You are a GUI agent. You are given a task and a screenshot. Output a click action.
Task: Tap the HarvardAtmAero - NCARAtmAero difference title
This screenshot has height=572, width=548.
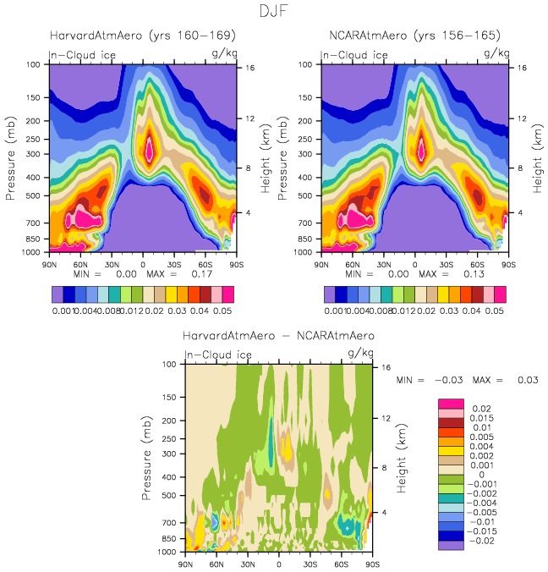tap(279, 336)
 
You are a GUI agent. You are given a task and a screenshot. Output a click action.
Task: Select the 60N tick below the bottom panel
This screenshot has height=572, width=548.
tap(216, 563)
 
